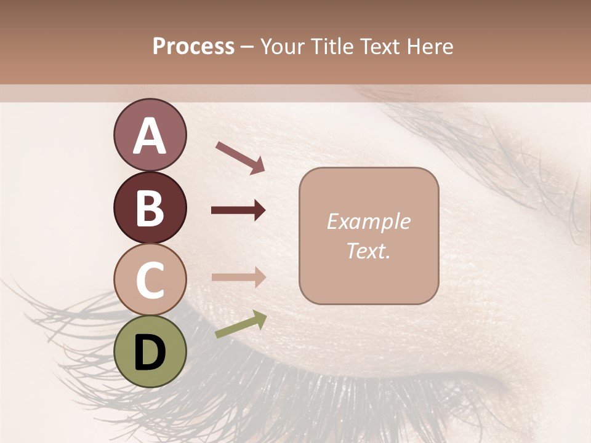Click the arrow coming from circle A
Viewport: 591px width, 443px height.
pos(240,157)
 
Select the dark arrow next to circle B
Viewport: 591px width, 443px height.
pos(238,210)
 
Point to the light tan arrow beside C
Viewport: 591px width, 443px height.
pos(238,277)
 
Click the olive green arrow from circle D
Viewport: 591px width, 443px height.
pos(241,324)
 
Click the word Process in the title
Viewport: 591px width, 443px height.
pos(193,46)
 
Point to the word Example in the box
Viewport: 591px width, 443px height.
pos(368,221)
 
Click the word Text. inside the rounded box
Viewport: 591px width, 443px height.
pos(368,250)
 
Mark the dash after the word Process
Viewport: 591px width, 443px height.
pos(247,47)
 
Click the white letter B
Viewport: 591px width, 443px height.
pos(150,208)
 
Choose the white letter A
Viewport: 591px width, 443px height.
pos(150,136)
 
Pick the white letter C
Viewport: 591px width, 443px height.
pos(150,280)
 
